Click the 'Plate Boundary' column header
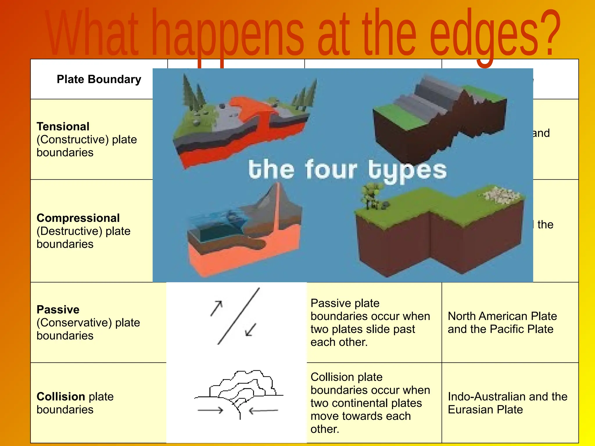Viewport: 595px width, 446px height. pyautogui.click(x=99, y=79)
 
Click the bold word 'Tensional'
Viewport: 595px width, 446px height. pyautogui.click(x=63, y=127)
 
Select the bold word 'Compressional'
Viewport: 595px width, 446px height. pyautogui.click(x=78, y=218)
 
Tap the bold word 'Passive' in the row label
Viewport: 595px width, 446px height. pyautogui.click(x=58, y=310)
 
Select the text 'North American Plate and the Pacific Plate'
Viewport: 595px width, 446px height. pyautogui.click(x=502, y=323)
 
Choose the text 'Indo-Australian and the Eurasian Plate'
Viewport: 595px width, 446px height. pyautogui.click(x=507, y=403)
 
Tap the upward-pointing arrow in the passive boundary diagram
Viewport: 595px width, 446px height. pyautogui.click(x=217, y=308)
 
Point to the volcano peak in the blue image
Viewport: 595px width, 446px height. pyautogui.click(x=277, y=186)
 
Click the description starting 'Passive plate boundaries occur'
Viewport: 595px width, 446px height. pyautogui.click(x=370, y=323)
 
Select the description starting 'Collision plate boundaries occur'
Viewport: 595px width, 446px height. pyautogui.click(x=370, y=403)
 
